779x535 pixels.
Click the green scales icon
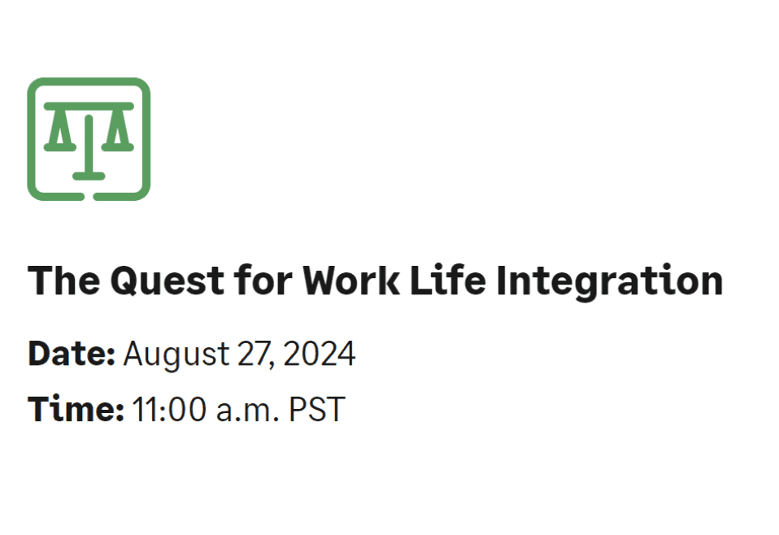point(89,139)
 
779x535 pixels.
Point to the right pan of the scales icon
point(120,133)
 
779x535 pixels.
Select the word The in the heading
point(63,281)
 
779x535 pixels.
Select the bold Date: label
point(72,354)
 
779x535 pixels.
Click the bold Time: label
point(76,409)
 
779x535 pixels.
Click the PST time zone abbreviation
point(316,410)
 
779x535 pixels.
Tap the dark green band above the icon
point(389,26)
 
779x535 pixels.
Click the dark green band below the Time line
point(389,507)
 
